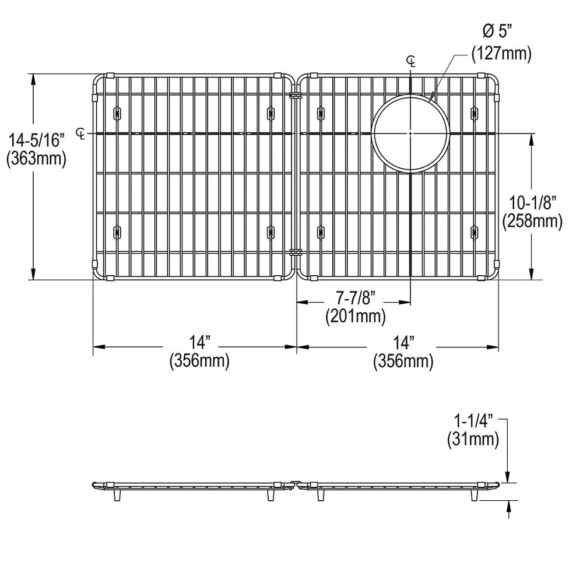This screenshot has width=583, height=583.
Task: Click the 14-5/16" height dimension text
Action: tap(35, 141)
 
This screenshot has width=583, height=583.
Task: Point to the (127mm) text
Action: tap(502, 54)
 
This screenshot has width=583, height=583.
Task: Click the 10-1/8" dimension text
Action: tap(532, 203)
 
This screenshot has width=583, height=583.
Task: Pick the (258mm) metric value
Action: tap(532, 222)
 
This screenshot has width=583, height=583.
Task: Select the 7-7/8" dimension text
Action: tap(355, 298)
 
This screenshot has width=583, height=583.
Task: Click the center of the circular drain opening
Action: tap(411, 133)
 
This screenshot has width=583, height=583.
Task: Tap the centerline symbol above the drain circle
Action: tap(412, 61)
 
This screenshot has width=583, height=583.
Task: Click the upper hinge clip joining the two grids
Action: tap(295, 95)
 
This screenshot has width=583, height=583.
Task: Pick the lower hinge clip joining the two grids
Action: tap(295, 252)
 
